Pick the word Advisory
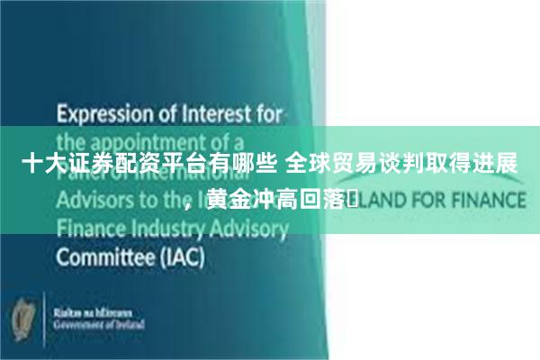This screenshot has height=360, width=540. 250,229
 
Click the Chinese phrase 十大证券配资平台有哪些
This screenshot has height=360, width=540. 149,164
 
